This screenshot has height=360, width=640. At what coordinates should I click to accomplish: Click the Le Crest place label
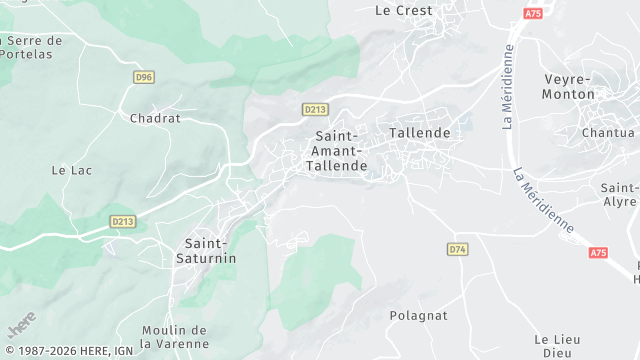[403, 11]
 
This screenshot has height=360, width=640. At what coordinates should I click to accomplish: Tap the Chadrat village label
[154, 118]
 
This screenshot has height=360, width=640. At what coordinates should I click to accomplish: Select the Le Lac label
[72, 171]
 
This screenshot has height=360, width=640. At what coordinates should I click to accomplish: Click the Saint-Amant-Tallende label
[340, 150]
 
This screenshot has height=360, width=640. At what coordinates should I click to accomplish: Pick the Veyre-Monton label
[569, 86]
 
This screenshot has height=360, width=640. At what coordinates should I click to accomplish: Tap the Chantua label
[608, 132]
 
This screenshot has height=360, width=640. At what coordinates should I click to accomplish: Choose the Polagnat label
[418, 315]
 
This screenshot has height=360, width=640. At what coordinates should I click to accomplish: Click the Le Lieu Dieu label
[557, 346]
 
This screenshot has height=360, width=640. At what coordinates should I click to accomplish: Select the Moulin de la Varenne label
[174, 337]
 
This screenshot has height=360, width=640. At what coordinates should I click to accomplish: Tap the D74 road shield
[458, 249]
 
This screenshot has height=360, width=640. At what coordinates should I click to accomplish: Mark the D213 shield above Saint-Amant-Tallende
[315, 109]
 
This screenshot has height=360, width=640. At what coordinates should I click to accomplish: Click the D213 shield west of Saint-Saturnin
[122, 221]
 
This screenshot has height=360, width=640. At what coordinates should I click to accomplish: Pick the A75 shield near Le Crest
[532, 12]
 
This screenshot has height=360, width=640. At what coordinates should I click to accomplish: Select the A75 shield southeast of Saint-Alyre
[598, 253]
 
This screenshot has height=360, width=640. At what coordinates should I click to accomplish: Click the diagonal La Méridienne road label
[544, 200]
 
